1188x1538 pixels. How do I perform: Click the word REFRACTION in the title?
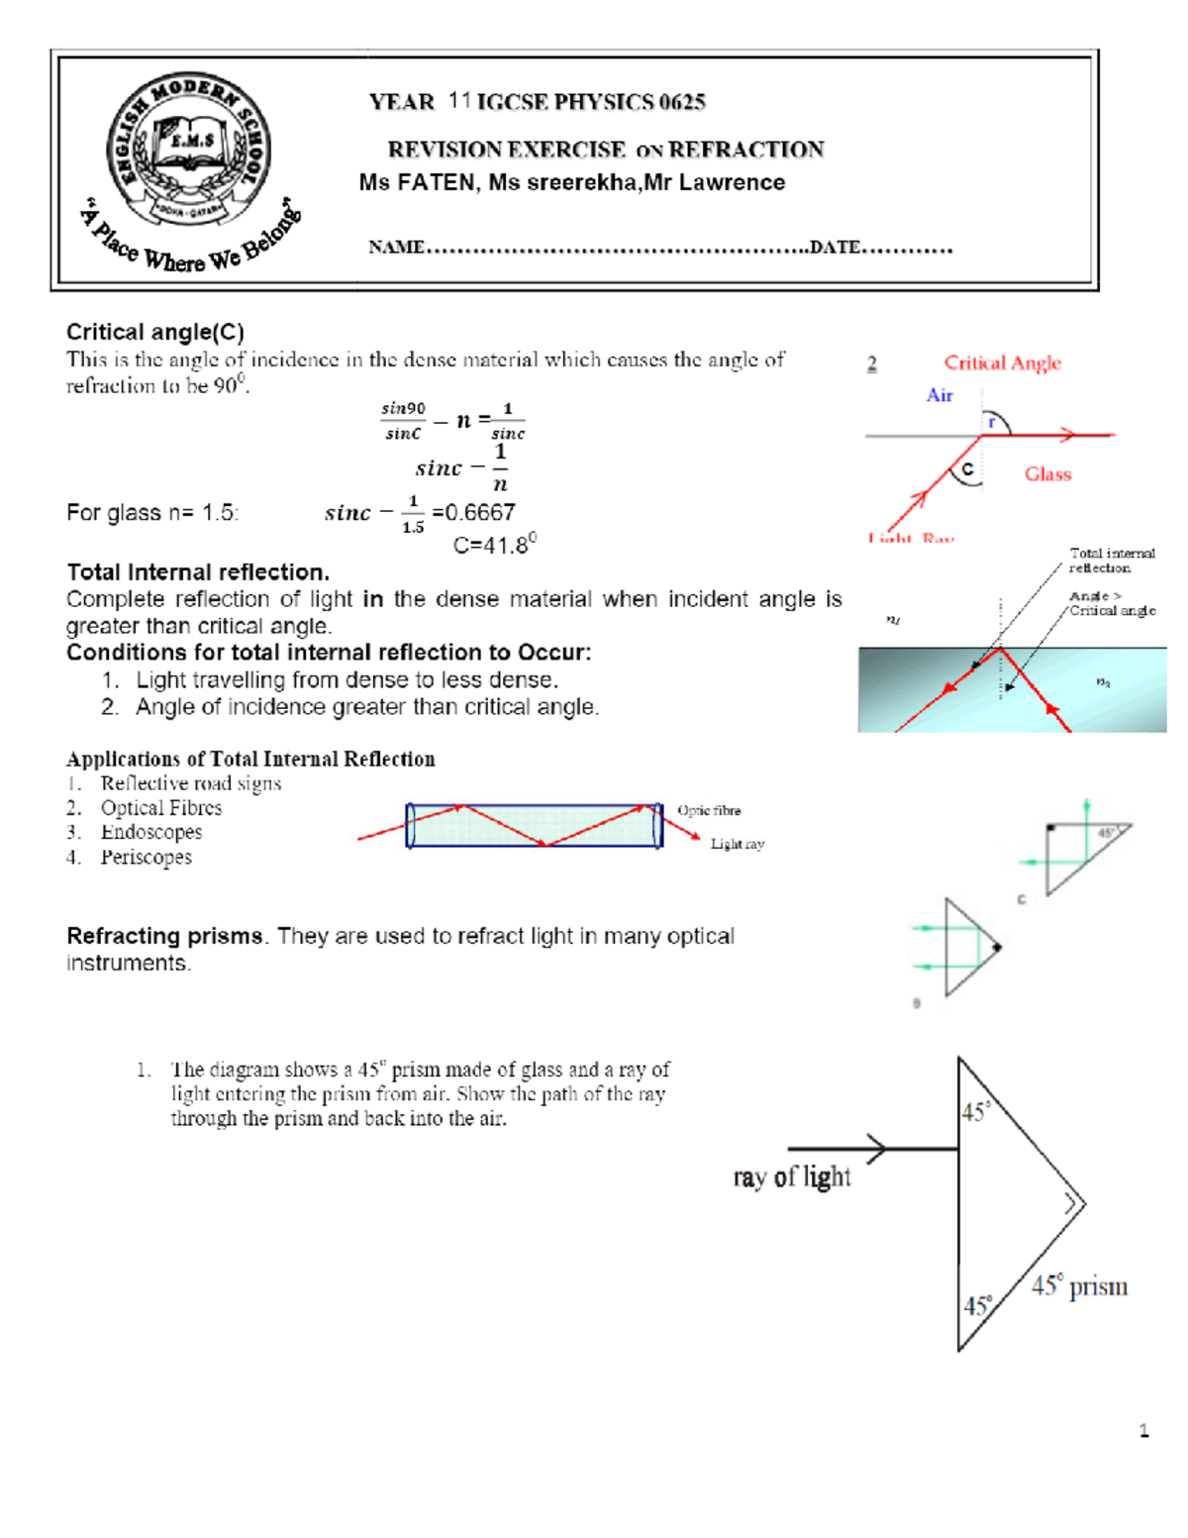(745, 150)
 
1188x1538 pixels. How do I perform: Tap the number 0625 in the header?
(682, 102)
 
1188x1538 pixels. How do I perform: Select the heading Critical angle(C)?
(154, 332)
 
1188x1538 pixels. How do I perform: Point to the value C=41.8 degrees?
(494, 544)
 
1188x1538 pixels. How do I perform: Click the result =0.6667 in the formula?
(474, 512)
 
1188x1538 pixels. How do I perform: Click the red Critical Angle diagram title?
(1002, 362)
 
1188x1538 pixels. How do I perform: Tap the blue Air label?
(939, 395)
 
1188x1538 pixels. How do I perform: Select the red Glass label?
(1047, 474)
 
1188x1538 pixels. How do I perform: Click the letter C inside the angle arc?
(967, 469)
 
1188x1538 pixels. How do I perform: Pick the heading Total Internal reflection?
(198, 572)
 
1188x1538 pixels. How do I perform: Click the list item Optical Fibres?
(161, 808)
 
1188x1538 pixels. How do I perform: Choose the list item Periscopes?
(146, 858)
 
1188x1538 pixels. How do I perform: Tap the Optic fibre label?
(709, 810)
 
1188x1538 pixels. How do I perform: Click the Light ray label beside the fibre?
(737, 844)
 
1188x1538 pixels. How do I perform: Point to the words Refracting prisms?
(164, 936)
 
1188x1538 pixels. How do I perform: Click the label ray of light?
(791, 1177)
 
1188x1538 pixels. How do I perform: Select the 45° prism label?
(1079, 1286)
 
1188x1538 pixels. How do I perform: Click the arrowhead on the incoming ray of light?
(877, 1149)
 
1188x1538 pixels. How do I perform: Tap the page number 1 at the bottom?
(1143, 1430)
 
